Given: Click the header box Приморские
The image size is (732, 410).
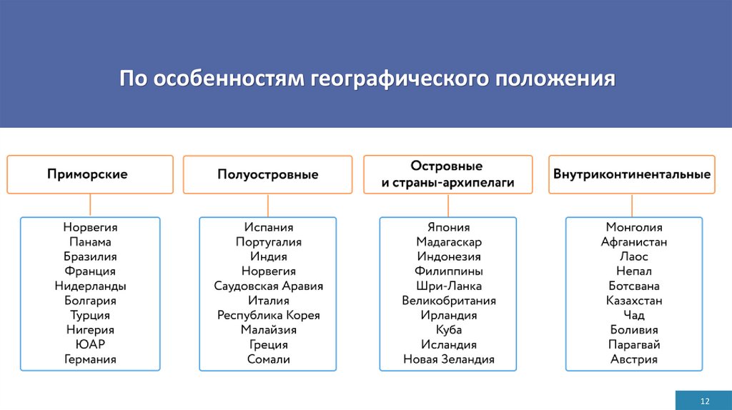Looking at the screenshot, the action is coord(90,174).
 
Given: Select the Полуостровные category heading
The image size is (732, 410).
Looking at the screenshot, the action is coord(268,175).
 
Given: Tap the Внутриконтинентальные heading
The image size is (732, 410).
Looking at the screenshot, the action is coord(631,174).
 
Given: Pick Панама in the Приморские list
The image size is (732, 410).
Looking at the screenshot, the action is coord(90,242).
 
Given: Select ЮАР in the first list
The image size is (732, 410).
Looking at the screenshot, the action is coord(90,345).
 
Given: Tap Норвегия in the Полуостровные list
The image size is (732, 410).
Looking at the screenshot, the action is coord(268,271).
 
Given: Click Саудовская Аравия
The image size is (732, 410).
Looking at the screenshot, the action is coord(268,286).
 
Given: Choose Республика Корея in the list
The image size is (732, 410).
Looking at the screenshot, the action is coord(268,316).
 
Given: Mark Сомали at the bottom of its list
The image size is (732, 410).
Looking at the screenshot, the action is coord(268,359).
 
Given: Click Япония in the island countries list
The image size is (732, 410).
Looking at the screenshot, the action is coord(448,227).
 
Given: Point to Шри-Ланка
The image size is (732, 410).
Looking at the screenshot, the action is coord(448,286).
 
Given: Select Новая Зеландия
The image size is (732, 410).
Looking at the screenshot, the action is coord(448,359).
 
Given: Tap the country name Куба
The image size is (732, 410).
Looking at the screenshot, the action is coord(448,330).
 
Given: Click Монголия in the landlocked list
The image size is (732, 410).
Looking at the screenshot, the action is coord(633,227).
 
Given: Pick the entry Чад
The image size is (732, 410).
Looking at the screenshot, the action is coord(633,316).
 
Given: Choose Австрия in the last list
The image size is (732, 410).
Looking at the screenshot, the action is coord(633,359).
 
